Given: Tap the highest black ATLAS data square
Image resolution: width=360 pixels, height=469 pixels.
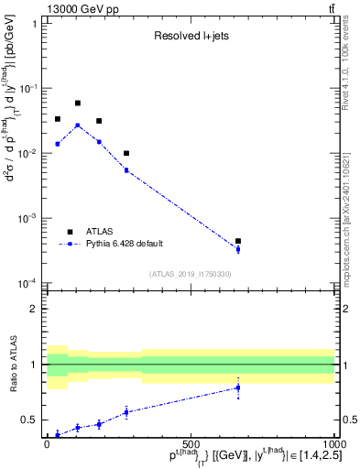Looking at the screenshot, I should pyautogui.click(x=78, y=104).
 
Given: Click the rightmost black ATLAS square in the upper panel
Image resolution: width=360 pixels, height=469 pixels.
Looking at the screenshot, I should pyautogui.click(x=238, y=241).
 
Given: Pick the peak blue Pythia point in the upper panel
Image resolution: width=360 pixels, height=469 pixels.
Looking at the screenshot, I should pyautogui.click(x=78, y=125).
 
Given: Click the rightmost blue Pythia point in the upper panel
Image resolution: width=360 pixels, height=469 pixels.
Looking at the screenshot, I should pyautogui.click(x=238, y=249).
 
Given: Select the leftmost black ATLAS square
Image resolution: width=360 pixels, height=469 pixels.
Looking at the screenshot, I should pyautogui.click(x=57, y=119).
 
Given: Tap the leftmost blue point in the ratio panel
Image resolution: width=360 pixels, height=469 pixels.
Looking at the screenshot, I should pyautogui.click(x=57, y=434).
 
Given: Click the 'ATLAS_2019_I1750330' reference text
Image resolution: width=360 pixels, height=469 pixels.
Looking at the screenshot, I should pyautogui.click(x=191, y=274).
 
